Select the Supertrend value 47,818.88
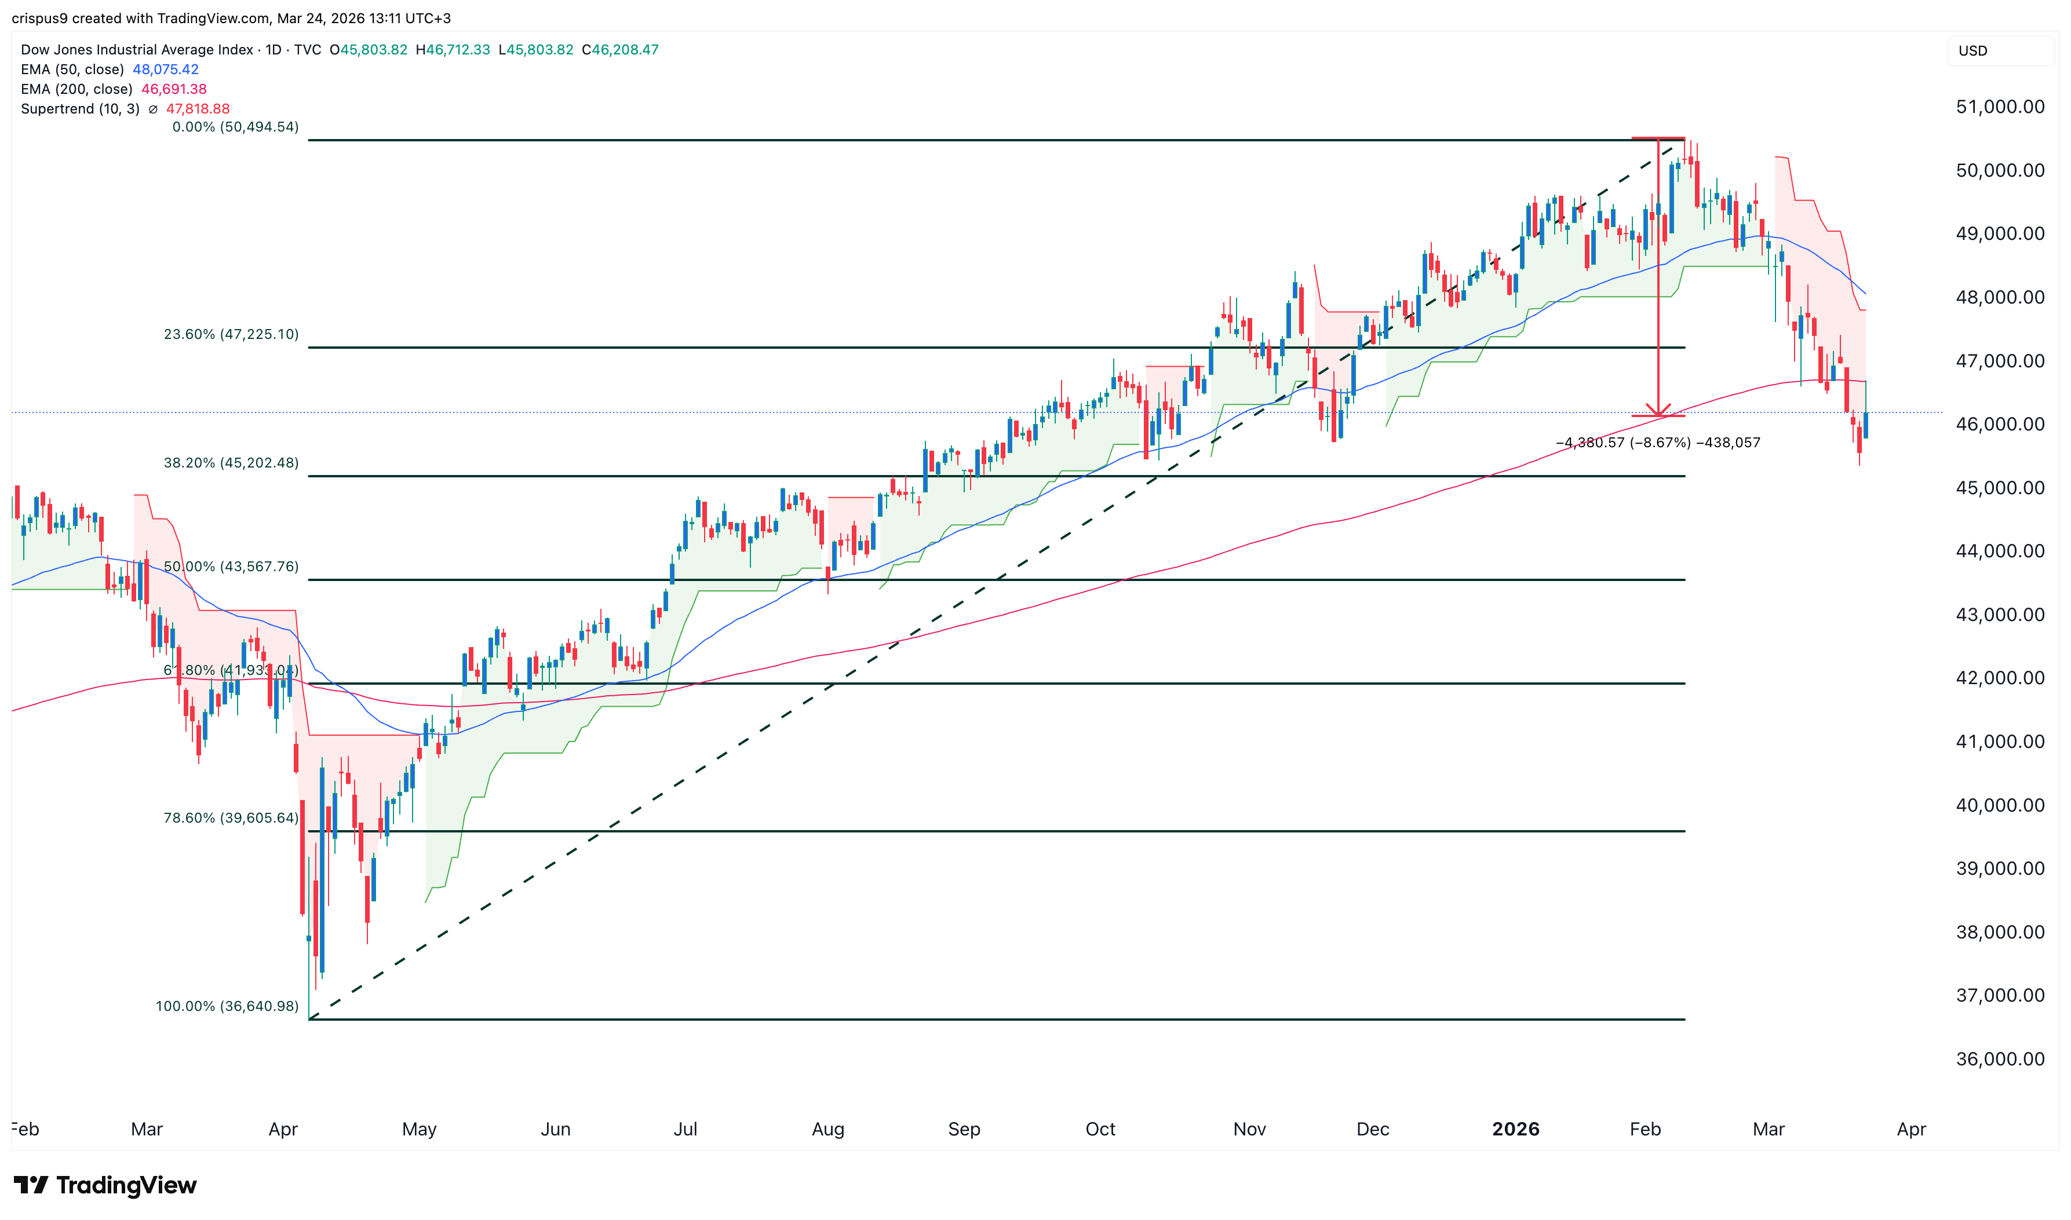(x=198, y=108)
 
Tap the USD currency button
(x=1972, y=51)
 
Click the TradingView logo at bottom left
(x=105, y=1185)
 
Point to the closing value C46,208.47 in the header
(x=620, y=49)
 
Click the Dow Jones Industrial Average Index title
(x=137, y=49)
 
